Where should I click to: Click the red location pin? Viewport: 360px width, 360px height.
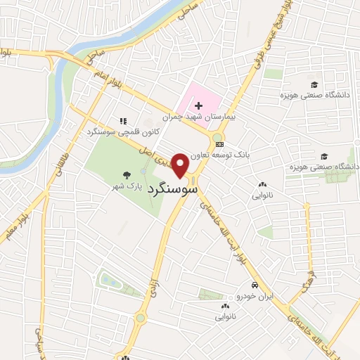tap(181, 165)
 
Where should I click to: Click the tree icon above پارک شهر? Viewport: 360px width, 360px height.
tap(126, 175)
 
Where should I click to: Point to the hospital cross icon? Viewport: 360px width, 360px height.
tap(199, 105)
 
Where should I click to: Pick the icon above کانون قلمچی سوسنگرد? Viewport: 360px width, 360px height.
tap(124, 121)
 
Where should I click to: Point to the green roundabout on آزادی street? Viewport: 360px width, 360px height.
tap(141, 318)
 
